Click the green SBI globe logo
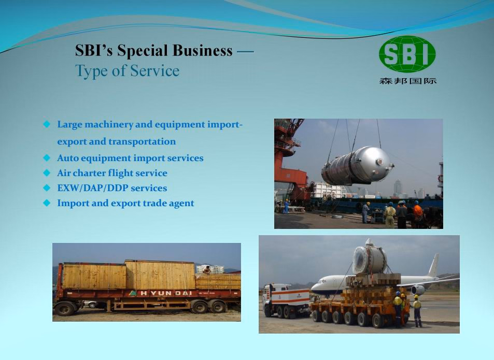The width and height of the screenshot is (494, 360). point(407,54)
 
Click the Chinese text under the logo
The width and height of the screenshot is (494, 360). point(408,81)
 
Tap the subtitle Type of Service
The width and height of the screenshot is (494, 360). point(128,70)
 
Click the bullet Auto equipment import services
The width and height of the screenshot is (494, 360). point(130,157)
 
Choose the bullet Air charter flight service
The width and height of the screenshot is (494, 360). point(112,173)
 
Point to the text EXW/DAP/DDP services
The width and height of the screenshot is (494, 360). point(112,188)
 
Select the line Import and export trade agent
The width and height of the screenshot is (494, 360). point(125,203)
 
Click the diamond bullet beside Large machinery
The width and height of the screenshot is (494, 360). point(47,124)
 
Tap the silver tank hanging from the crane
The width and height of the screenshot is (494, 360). point(357,166)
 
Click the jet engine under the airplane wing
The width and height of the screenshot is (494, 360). point(418,290)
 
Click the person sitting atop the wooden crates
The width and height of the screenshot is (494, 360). point(207,270)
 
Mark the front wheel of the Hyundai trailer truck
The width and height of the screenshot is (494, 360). point(65,309)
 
